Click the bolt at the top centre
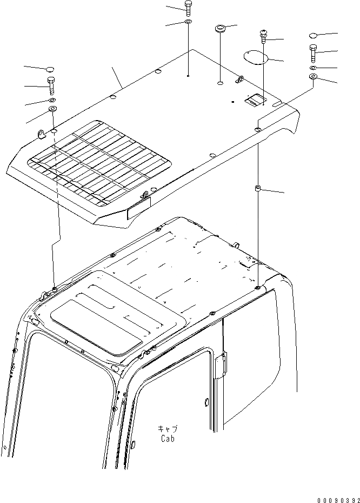pyautogui.click(x=188, y=8)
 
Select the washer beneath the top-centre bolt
pyautogui.click(x=188, y=22)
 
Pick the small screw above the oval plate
pyautogui.click(x=263, y=36)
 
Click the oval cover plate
pyautogui.click(x=254, y=56)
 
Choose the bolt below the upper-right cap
pyautogui.click(x=314, y=54)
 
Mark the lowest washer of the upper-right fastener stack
pyautogui.click(x=314, y=77)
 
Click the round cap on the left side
pyautogui.click(x=50, y=69)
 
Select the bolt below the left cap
pyautogui.click(x=52, y=85)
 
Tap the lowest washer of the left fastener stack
pyautogui.click(x=54, y=110)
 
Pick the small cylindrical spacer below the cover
pyautogui.click(x=258, y=188)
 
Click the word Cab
pyautogui.click(x=167, y=439)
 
